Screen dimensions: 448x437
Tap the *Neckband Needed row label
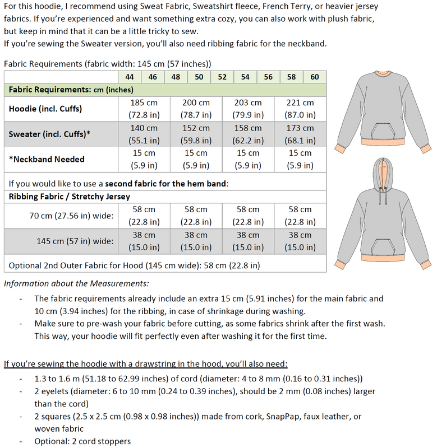pos(47,159)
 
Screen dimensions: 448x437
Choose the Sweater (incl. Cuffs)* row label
pos(50,134)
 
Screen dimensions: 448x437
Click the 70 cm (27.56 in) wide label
pos(71,216)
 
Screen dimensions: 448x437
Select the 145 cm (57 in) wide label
pos(75,241)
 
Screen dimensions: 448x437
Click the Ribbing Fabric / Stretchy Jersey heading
pos(69,196)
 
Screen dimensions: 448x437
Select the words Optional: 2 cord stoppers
pos(82,441)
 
